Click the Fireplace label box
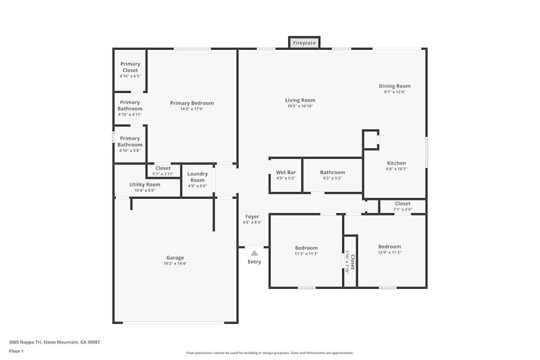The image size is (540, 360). click(x=305, y=43)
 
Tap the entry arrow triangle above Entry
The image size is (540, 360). click(x=254, y=253)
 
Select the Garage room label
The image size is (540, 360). click(x=175, y=258)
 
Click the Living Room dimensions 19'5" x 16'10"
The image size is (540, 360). click(x=300, y=106)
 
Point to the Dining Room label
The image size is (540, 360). click(x=395, y=86)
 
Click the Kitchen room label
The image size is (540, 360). click(x=396, y=163)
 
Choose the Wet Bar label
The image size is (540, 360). click(x=286, y=173)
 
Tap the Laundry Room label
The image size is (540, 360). click(x=198, y=177)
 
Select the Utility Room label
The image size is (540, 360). click(x=145, y=185)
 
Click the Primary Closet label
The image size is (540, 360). click(x=130, y=67)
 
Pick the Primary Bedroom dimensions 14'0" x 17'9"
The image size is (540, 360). click(x=192, y=109)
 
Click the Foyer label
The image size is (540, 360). click(x=252, y=217)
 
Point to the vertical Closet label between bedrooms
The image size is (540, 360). click(x=352, y=262)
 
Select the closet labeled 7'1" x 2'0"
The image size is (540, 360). click(x=402, y=206)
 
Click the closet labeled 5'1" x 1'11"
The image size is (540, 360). click(x=163, y=171)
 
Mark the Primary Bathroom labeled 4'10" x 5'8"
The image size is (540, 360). click(x=130, y=141)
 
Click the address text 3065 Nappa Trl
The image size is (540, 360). click(x=55, y=342)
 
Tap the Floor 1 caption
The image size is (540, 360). click(x=16, y=351)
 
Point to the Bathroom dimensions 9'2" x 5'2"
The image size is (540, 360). click(x=333, y=178)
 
